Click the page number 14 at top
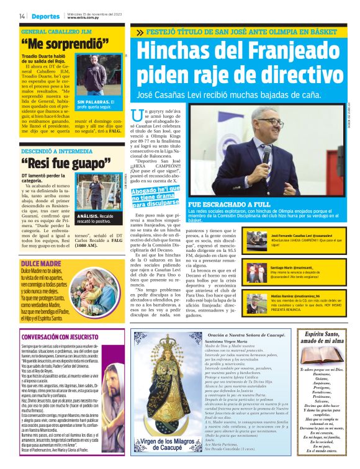22,16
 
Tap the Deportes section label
46,16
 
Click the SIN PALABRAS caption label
91,102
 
